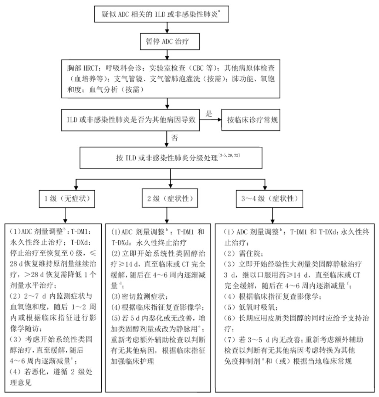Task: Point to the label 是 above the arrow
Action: tap(209, 114)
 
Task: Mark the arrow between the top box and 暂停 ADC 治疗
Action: tap(168, 27)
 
